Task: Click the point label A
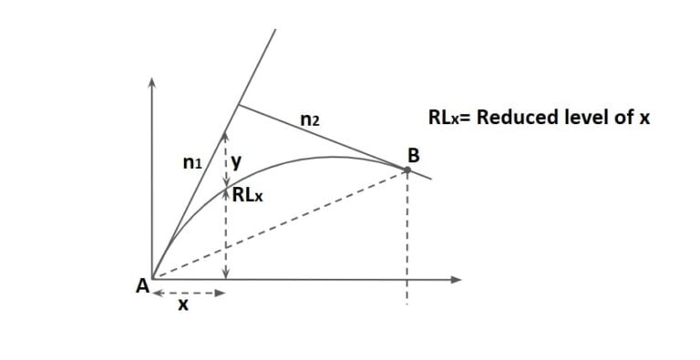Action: point(142,284)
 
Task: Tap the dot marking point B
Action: point(407,168)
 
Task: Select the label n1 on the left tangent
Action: point(192,164)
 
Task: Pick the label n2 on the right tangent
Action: point(309,118)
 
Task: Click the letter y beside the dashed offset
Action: point(237,162)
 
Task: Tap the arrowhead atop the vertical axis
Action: point(152,83)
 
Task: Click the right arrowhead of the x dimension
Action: point(220,293)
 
